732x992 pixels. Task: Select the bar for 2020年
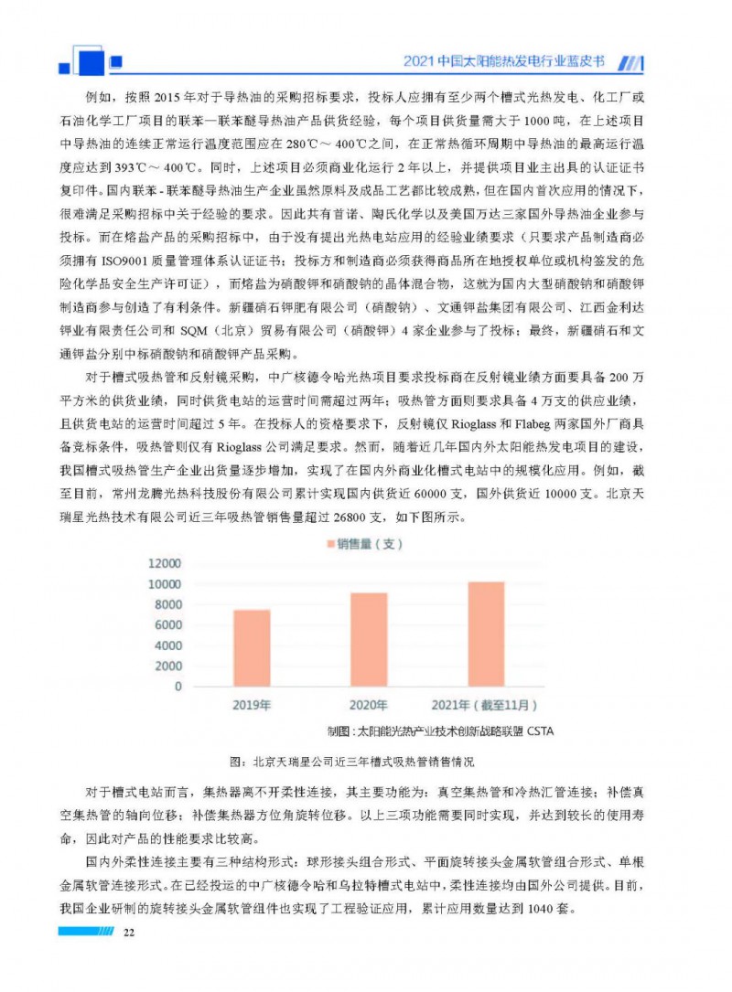(369, 639)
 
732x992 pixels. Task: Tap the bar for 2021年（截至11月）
(485, 634)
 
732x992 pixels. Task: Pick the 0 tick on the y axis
(178, 687)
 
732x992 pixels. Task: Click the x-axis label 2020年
(369, 705)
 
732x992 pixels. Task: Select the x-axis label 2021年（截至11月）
(485, 705)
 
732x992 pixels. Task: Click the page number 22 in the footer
(129, 932)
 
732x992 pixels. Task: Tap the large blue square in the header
(91, 59)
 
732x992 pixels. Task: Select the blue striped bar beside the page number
(85, 932)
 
